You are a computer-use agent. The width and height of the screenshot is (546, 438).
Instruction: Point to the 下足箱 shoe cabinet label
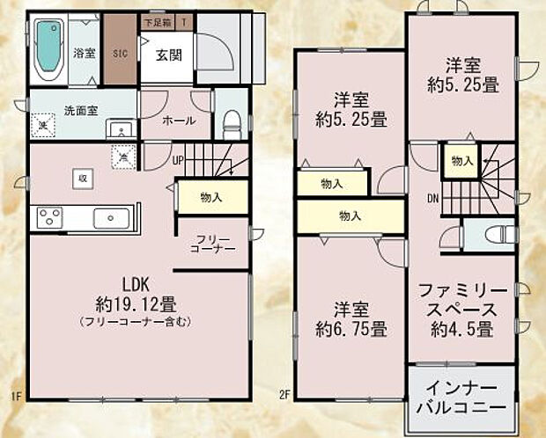coord(158,19)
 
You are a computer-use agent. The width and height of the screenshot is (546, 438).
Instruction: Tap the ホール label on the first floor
coord(179,120)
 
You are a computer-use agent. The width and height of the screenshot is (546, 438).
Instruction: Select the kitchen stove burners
coord(48,215)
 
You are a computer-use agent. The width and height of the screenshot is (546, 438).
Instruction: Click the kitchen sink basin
coord(111,216)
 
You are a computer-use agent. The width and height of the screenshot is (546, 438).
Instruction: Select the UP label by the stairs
coord(178,161)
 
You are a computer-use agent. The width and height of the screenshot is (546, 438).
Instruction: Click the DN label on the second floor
coord(433,199)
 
